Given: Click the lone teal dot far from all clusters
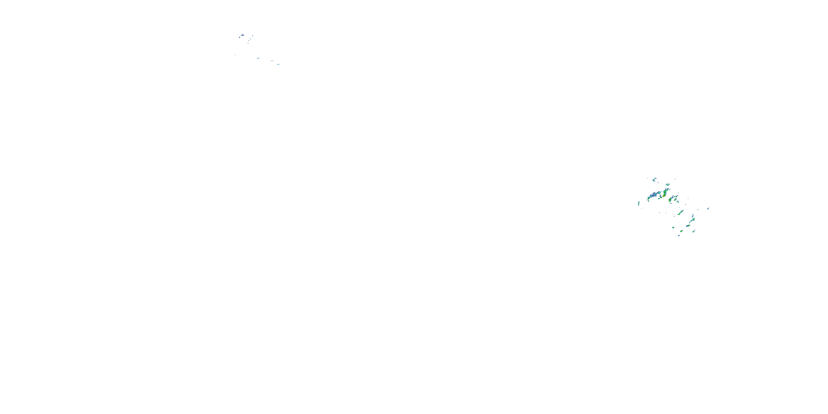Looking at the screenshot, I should coord(618,296).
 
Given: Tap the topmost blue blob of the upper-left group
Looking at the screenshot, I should coord(242,35).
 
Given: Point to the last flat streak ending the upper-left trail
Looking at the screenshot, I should coord(278,64).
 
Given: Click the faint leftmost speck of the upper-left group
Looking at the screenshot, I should coord(235,55).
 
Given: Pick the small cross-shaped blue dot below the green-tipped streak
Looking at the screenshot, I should coord(248,43).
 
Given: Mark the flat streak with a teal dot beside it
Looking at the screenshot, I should coord(272,61).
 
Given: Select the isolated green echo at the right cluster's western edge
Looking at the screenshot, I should coord(639,203).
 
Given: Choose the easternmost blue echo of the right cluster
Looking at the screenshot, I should coord(708,208).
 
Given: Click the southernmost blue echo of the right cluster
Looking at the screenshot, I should coord(679,235).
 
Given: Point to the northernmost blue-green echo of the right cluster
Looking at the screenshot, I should coord(654,179).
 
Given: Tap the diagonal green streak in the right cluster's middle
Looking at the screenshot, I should coord(680,213).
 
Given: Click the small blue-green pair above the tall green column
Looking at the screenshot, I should coord(668,185).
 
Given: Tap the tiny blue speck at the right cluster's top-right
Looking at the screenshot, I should coord(675,179).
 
